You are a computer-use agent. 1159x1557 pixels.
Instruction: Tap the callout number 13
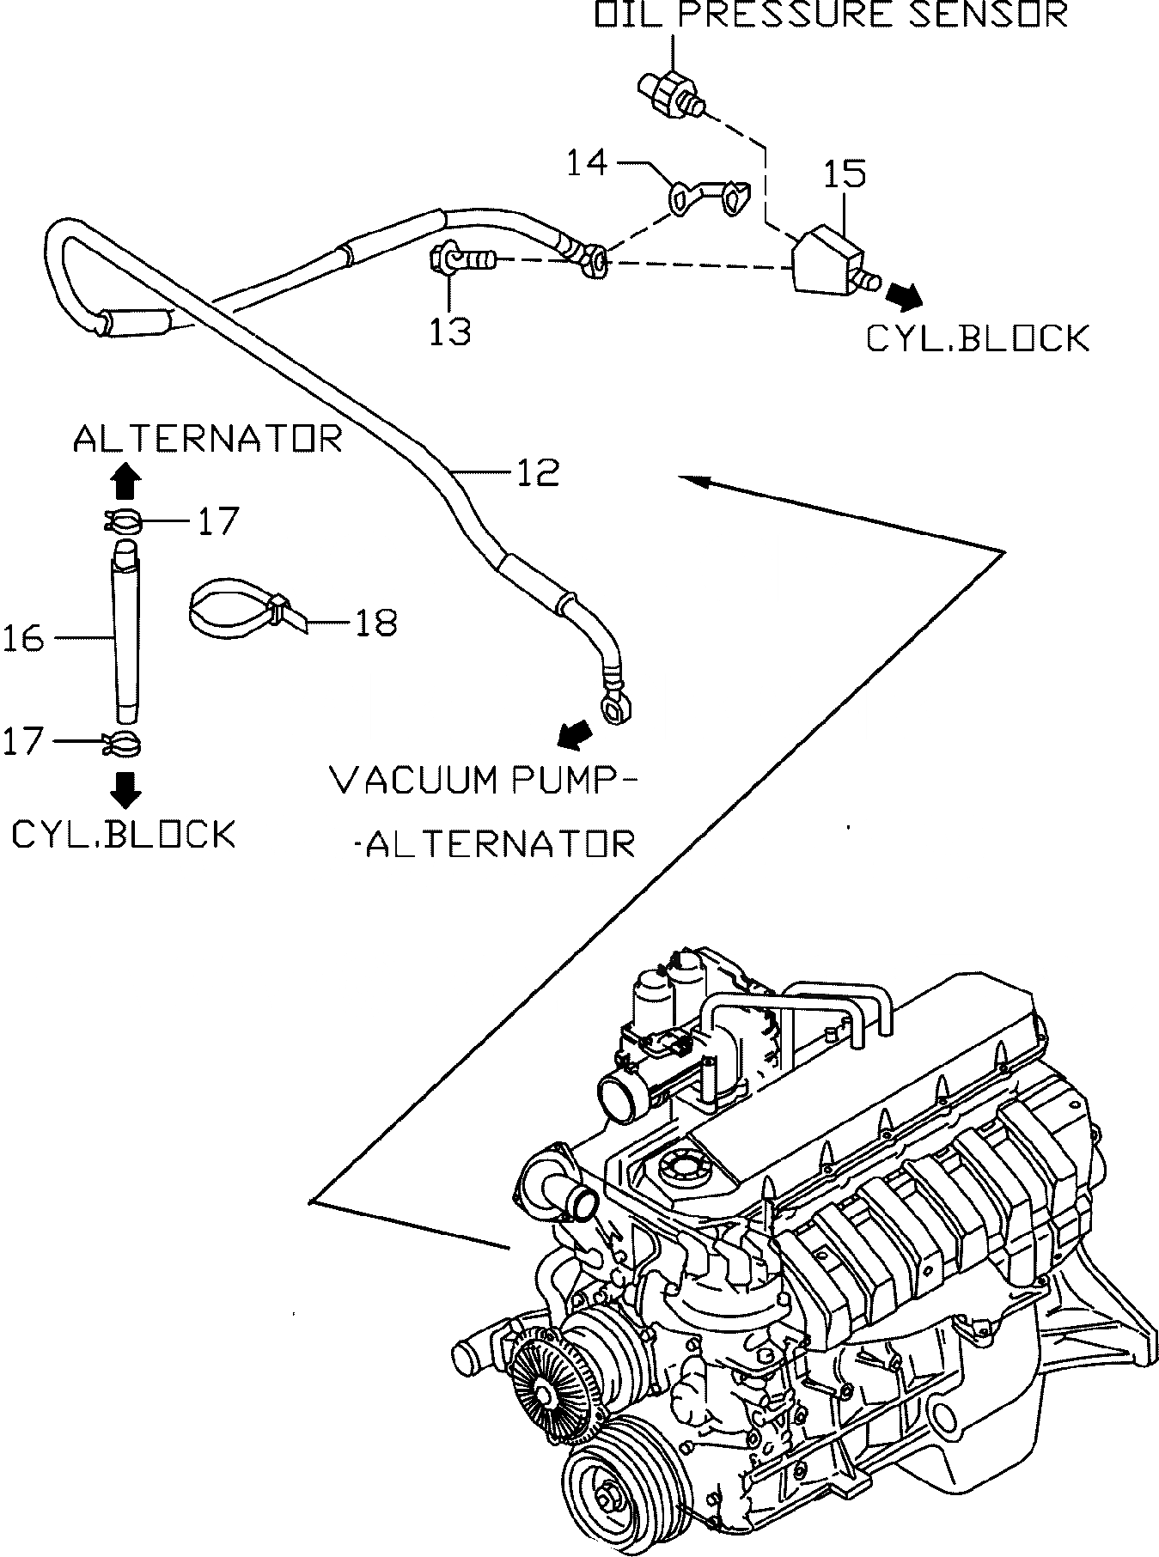[x=450, y=330]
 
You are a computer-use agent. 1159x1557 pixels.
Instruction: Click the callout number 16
[x=22, y=638]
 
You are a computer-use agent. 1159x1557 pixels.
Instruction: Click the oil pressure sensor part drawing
[x=671, y=94]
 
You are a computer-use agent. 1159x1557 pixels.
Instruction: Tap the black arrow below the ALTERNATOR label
[x=125, y=482]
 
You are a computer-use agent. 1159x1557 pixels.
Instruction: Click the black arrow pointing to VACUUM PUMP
[x=575, y=733]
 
